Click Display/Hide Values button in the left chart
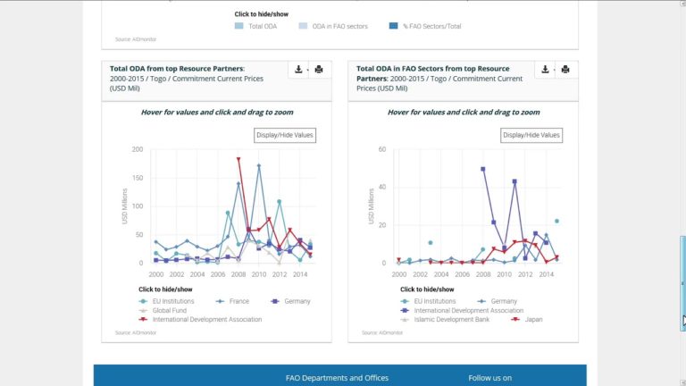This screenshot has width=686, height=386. click(x=284, y=135)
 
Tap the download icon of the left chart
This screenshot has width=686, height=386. click(x=297, y=70)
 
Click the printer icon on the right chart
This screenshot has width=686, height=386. click(x=565, y=70)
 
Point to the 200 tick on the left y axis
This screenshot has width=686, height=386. click(x=137, y=149)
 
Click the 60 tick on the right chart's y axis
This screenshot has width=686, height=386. click(x=382, y=149)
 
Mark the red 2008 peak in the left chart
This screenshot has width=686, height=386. click(x=238, y=159)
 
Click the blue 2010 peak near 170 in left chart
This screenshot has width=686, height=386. click(x=259, y=165)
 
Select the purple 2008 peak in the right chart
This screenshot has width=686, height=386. click(x=483, y=168)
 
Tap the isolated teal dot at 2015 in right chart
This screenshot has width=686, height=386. click(x=556, y=221)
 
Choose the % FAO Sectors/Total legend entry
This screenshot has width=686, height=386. click(x=431, y=27)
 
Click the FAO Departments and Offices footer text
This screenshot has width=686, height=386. click(x=337, y=378)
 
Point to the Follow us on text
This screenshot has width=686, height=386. click(x=489, y=378)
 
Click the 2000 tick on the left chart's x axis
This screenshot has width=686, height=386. click(x=155, y=273)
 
